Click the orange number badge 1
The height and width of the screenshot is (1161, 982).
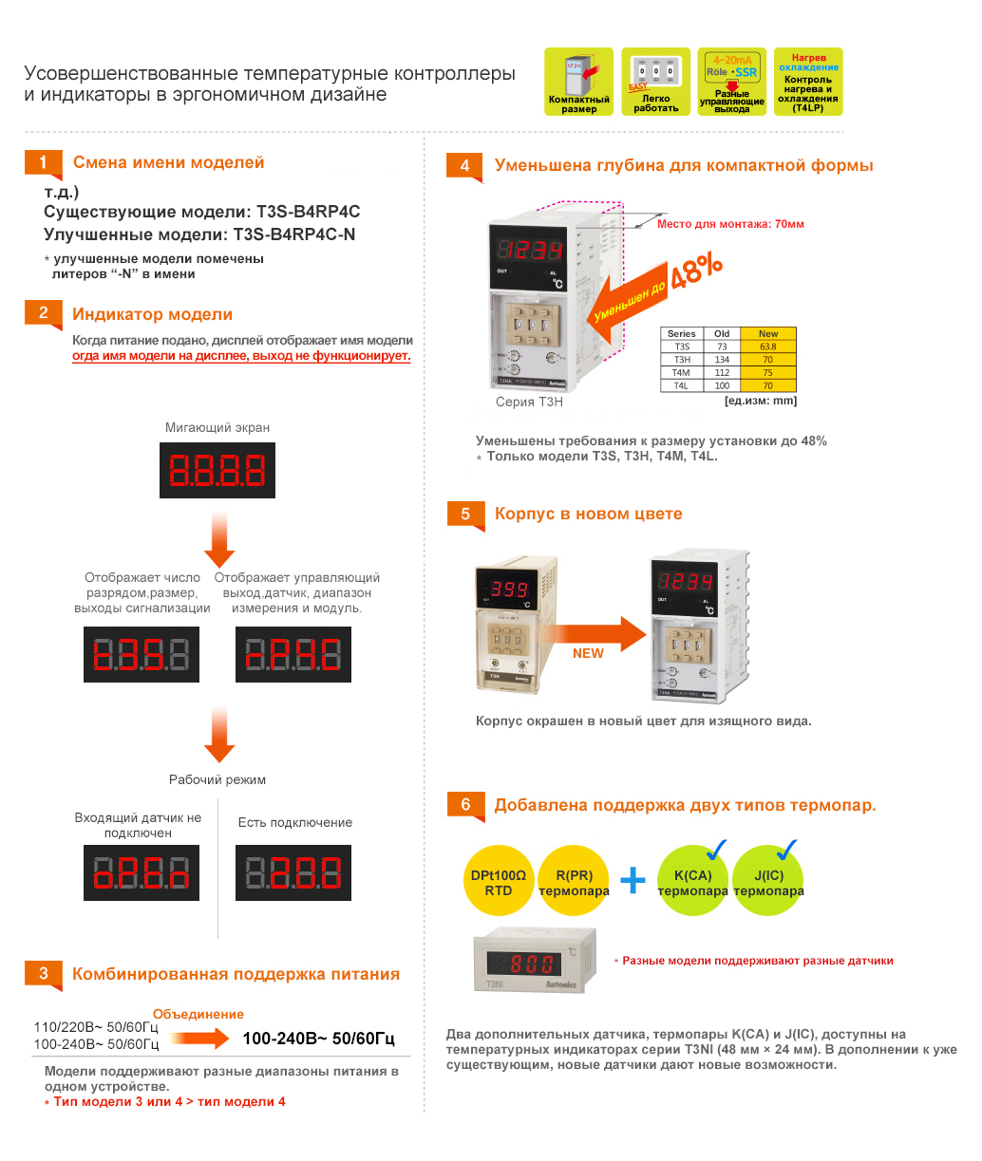43,162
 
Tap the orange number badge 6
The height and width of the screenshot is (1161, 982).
465,805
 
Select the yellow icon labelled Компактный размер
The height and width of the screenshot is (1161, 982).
579,82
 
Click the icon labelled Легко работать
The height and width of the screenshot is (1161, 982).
655,82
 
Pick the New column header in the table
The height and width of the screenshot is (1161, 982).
767,333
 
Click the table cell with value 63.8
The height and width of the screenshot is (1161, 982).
767,346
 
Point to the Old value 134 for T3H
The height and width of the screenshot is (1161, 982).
722,360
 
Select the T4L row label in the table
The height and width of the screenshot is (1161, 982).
681,385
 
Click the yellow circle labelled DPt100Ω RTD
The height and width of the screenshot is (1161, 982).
499,881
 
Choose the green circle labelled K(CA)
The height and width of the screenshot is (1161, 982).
692,881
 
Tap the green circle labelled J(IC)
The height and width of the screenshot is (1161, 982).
768,881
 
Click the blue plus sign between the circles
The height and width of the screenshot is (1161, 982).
633,880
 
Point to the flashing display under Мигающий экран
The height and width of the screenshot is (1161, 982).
217,471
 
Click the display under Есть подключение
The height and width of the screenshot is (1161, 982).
293,872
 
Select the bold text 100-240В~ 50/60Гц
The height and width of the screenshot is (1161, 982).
318,1039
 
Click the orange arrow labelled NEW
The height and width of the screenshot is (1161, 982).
594,636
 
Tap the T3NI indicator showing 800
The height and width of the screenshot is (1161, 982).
535,961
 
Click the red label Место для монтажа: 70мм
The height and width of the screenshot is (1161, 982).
730,224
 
